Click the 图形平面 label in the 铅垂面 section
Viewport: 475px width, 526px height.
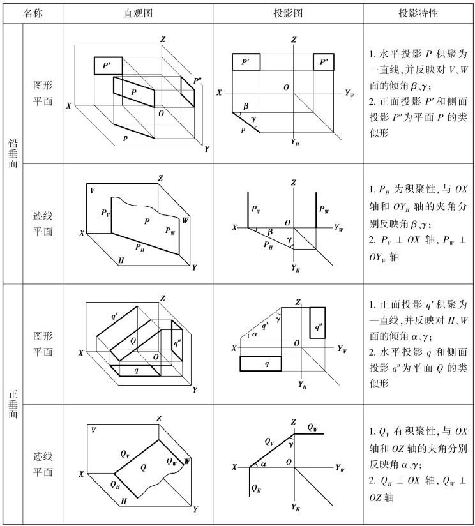tap(43, 93)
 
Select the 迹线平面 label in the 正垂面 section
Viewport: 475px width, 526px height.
tap(43, 465)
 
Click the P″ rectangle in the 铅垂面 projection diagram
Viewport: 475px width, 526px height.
tap(324, 63)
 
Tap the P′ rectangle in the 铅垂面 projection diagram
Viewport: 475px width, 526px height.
tap(246, 63)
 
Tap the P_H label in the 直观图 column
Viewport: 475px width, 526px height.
tap(139, 245)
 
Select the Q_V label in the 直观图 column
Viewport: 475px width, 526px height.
tap(126, 455)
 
